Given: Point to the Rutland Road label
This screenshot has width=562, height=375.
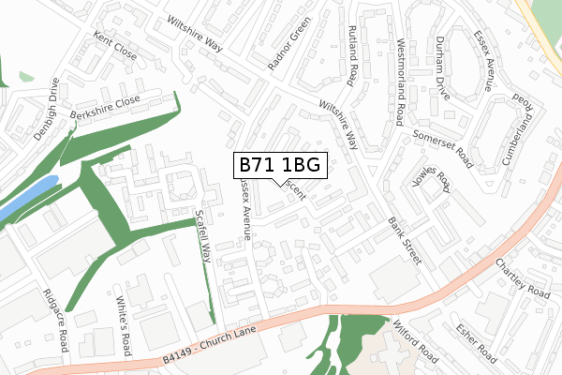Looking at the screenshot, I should tap(353, 56).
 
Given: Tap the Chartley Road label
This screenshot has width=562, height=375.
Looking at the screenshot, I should tap(523, 277).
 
